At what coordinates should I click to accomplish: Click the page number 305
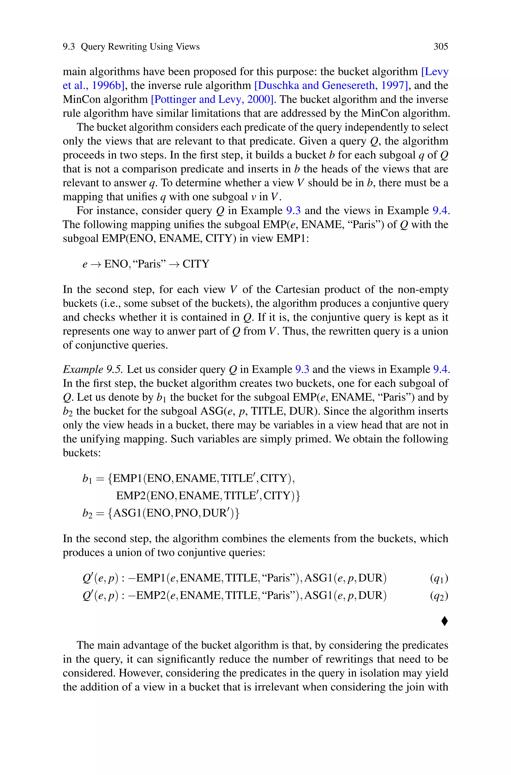pos(441,47)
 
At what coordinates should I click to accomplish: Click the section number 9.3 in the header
pos(69,47)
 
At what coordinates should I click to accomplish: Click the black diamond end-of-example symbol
pos(444,621)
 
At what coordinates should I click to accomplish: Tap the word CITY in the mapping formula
pos(196,264)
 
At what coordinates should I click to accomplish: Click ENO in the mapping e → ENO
pos(116,264)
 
